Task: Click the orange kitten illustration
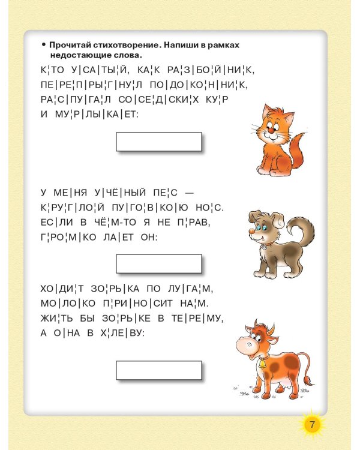click(x=276, y=140)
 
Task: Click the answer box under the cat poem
click(x=158, y=142)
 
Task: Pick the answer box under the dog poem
click(x=158, y=263)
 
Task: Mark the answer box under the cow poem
click(x=158, y=370)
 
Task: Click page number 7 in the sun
click(x=311, y=425)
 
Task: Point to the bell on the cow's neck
click(x=262, y=362)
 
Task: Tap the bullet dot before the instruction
click(x=43, y=45)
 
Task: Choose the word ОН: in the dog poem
click(x=147, y=238)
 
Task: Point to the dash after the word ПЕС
click(x=190, y=192)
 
